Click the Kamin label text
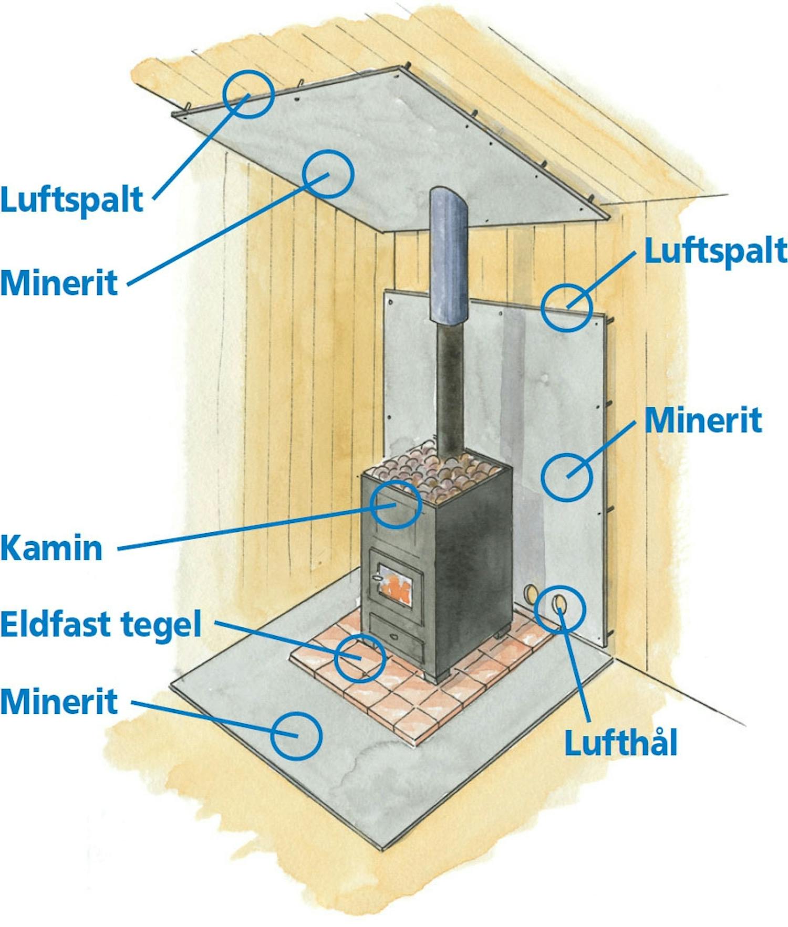pyautogui.click(x=51, y=548)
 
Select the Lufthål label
pyautogui.click(x=620, y=743)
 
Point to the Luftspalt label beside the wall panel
pyautogui.click(x=715, y=251)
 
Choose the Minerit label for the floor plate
pyautogui.click(x=59, y=701)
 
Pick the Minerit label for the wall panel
pyautogui.click(x=703, y=420)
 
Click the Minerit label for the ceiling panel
pyautogui.click(x=59, y=283)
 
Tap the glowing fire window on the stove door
pyautogui.click(x=395, y=586)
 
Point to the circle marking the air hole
pyautogui.click(x=560, y=609)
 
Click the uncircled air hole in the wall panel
pyautogui.click(x=531, y=594)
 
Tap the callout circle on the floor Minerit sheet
pyautogui.click(x=296, y=735)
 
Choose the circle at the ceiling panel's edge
pyautogui.click(x=248, y=94)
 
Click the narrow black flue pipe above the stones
pyautogui.click(x=450, y=388)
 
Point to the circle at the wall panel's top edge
pyautogui.click(x=567, y=308)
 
